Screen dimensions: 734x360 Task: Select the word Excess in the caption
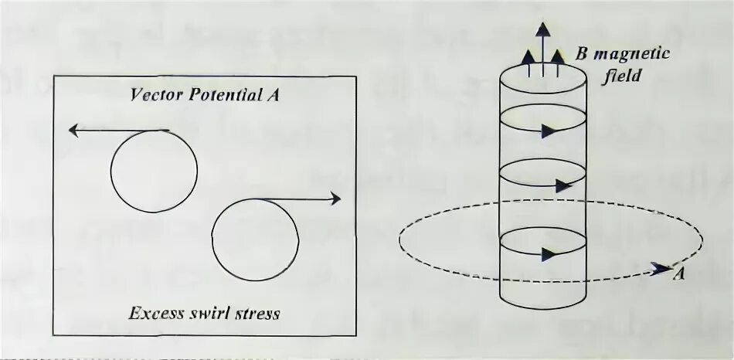pos(152,313)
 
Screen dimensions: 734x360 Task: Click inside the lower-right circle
pos(255,238)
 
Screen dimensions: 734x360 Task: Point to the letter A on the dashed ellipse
pos(678,271)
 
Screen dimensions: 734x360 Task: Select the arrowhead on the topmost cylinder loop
pos(549,131)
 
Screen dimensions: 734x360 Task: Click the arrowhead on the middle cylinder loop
pos(562,185)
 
